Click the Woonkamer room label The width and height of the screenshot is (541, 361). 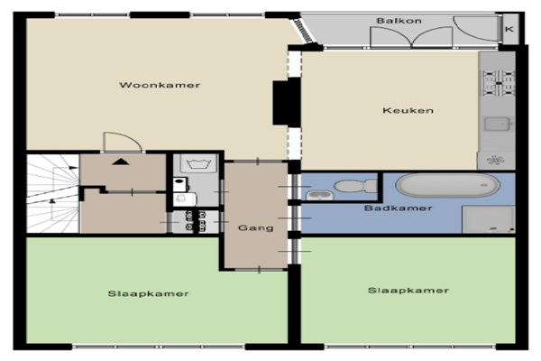point(160,85)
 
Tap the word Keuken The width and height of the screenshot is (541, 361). point(408,110)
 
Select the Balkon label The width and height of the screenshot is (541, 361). point(399,21)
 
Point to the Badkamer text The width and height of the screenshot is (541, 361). point(399,208)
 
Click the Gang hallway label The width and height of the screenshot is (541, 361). point(256,228)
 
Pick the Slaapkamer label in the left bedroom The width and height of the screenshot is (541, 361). point(149,293)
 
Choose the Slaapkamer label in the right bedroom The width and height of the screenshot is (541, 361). point(408,291)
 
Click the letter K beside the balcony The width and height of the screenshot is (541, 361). point(509,29)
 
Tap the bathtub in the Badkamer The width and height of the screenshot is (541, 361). point(448,185)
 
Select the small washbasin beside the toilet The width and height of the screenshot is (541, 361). point(320,196)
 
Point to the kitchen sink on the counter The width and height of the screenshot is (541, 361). point(497,124)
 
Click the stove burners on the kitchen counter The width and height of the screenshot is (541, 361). point(499,83)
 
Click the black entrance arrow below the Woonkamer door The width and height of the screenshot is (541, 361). point(121,161)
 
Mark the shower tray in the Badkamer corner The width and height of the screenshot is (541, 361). point(488,219)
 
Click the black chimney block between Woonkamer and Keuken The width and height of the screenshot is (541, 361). point(287,103)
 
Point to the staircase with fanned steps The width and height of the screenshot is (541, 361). point(53,193)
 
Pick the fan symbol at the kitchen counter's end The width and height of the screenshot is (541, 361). point(495,160)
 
